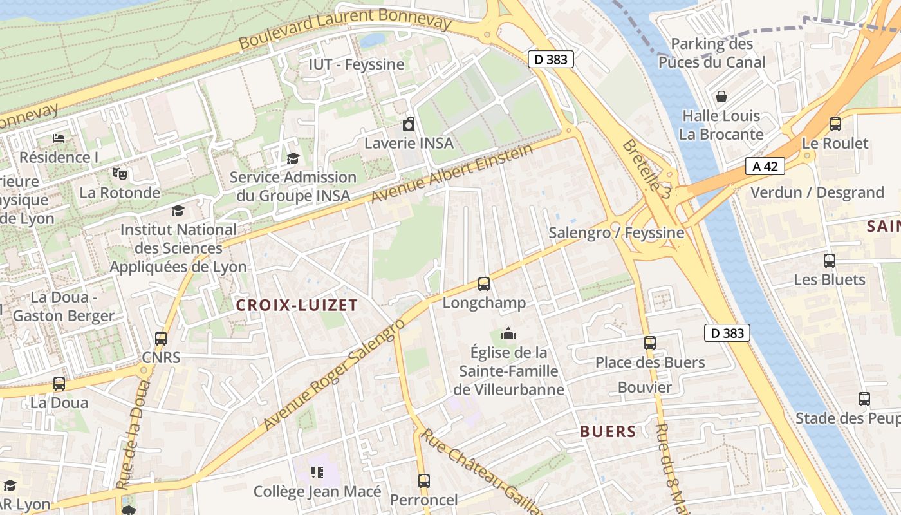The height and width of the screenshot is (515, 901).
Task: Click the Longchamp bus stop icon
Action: click(x=483, y=283)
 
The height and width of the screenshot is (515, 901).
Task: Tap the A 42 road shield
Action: click(x=765, y=166)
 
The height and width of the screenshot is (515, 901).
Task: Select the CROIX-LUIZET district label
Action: click(x=297, y=305)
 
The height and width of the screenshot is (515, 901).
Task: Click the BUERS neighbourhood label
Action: click(x=608, y=431)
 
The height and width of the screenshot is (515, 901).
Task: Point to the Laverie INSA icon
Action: click(x=409, y=124)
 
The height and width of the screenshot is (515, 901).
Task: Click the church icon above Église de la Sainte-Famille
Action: click(x=508, y=333)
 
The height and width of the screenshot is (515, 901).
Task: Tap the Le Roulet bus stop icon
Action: click(x=835, y=124)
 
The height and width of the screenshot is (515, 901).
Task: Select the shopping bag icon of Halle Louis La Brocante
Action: click(x=721, y=97)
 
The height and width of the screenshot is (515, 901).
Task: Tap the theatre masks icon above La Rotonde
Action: click(x=120, y=174)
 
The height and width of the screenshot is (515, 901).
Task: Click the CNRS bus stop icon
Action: click(x=161, y=338)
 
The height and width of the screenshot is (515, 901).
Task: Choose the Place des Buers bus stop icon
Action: click(x=650, y=343)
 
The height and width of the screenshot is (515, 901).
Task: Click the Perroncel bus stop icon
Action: click(x=423, y=480)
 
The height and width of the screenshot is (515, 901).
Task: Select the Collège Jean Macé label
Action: click(x=317, y=491)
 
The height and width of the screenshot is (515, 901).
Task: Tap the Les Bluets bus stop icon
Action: click(x=830, y=261)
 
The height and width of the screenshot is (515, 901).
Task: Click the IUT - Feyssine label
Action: click(x=357, y=64)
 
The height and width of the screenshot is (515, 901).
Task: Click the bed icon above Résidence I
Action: click(x=59, y=138)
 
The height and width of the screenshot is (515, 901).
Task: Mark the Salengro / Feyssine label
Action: click(x=617, y=232)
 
